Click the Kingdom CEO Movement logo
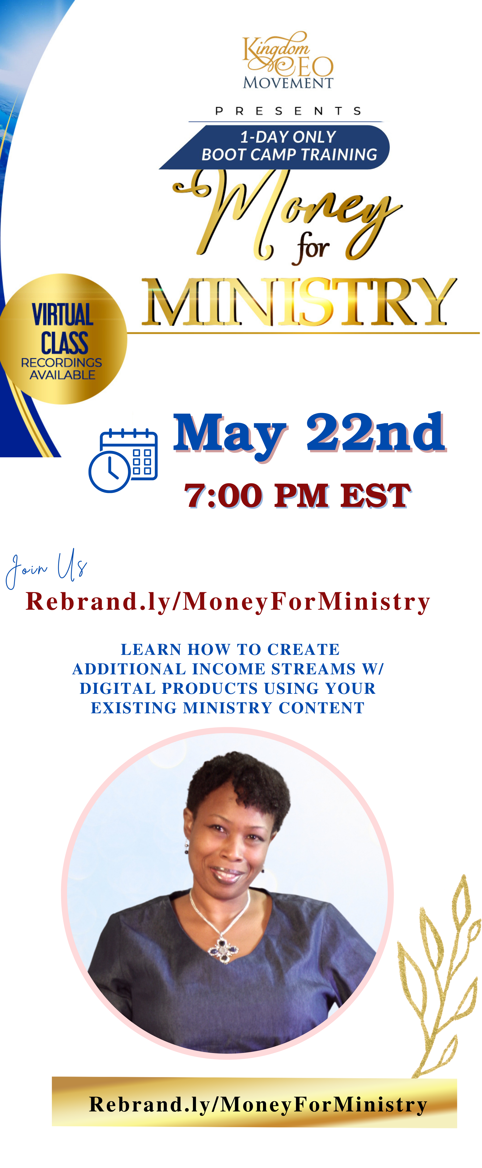[288, 60]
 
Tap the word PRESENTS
[288, 111]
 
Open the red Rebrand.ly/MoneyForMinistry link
[228, 602]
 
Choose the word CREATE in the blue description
[303, 649]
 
